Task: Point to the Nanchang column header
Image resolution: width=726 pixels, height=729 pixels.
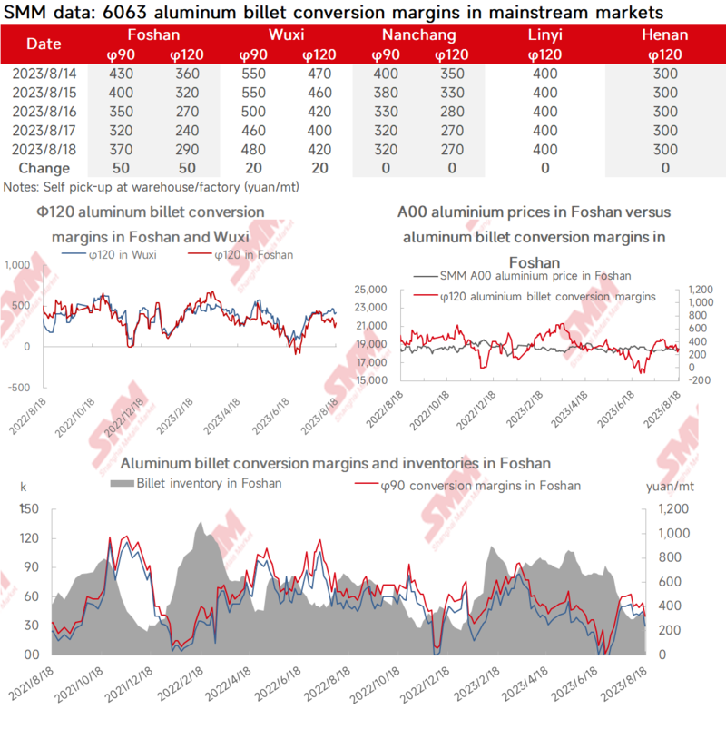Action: (418, 35)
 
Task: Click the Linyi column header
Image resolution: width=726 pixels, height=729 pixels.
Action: (544, 35)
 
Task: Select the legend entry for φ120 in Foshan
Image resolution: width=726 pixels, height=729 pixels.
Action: (251, 254)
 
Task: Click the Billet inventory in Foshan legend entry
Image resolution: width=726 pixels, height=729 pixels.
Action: (208, 483)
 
